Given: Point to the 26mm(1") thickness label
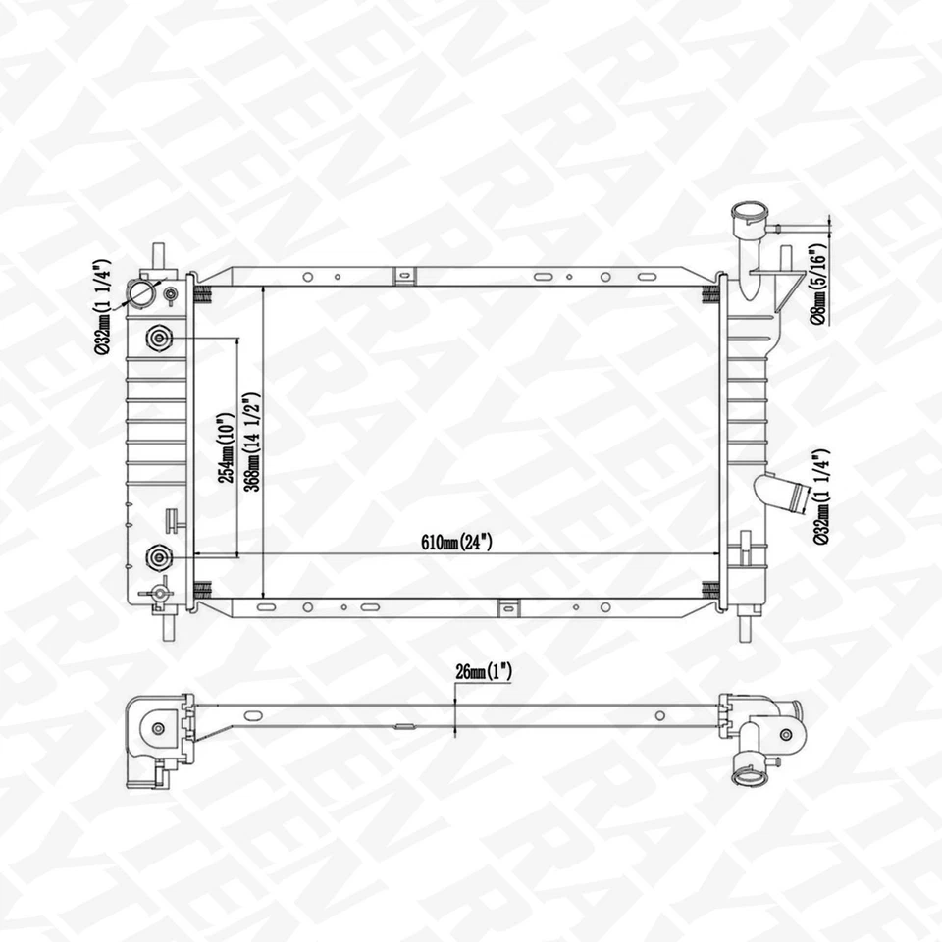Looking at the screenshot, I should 484,672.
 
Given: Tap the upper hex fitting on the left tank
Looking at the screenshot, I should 158,339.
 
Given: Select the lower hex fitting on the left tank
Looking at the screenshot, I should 158,557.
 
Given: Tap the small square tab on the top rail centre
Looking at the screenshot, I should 403,277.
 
